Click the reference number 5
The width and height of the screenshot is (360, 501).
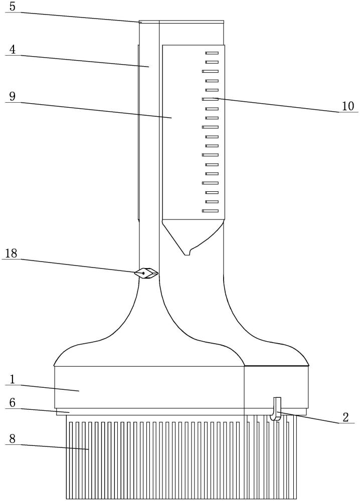pos(13,7)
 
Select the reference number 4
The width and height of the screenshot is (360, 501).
pos(13,50)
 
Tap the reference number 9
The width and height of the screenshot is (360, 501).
pos(13,96)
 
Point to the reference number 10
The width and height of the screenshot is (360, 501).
pos(348,106)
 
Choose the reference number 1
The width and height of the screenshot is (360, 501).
pos(12,379)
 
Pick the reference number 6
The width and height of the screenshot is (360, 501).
pos(13,403)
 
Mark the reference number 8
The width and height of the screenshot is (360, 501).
pos(13,439)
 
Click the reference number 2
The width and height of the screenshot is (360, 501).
pos(345,417)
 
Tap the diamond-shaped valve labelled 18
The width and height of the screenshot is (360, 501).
pos(146,273)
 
